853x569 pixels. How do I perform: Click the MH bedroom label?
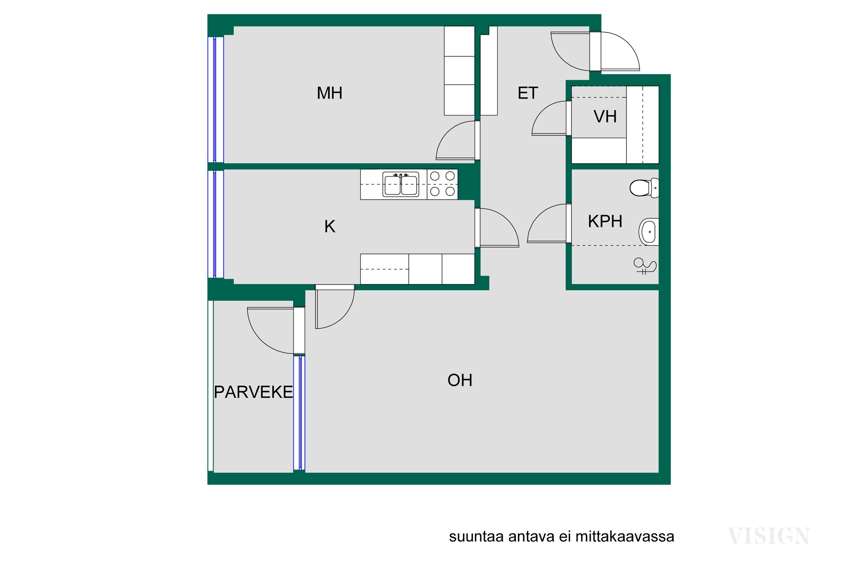(329, 93)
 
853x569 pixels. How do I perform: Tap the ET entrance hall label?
(528, 93)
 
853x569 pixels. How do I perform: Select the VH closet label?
(605, 116)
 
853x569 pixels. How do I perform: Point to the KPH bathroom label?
(605, 221)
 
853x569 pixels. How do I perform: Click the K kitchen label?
(330, 227)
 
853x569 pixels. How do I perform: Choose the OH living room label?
(460, 380)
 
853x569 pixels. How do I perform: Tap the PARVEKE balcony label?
(253, 392)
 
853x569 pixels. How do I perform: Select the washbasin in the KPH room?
(649, 232)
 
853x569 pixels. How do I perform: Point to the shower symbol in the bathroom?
(645, 266)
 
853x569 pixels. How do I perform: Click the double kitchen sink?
(401, 184)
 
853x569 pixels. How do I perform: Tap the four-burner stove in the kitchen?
(442, 184)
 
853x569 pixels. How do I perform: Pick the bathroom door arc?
(541, 214)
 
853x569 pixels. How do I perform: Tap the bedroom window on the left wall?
(216, 100)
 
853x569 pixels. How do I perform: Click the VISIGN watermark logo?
(769, 536)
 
